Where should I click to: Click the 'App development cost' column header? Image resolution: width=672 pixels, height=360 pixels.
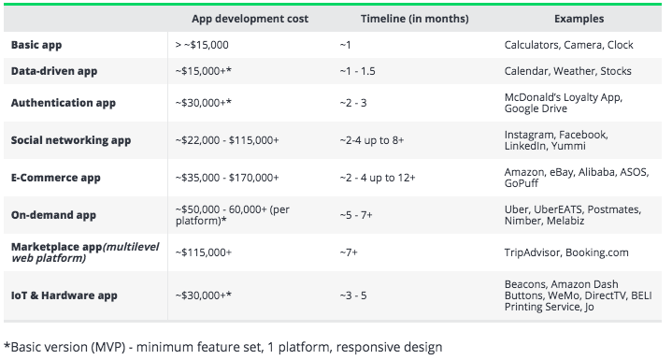coord(250,19)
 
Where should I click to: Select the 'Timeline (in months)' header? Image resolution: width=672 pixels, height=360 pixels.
coord(414,19)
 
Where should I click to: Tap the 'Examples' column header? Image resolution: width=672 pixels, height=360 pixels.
coord(579,19)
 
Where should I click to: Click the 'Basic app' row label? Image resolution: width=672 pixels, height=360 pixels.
coord(36,45)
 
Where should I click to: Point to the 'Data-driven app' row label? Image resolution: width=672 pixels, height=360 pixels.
coord(54,71)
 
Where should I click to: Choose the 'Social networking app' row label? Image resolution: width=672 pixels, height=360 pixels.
coord(71,140)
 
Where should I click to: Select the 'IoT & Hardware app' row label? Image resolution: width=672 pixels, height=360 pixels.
coord(64,295)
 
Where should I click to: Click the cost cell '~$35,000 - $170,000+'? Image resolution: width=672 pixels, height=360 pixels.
coord(227,178)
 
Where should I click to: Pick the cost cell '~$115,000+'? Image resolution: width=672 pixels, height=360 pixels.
coord(203,252)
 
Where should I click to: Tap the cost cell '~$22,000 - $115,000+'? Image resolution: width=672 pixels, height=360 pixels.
coord(227,140)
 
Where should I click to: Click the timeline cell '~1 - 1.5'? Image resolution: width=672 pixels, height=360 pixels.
coord(357,71)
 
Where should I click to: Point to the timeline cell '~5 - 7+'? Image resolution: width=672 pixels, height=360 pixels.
coord(356,215)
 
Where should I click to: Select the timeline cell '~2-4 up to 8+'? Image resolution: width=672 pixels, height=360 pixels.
coord(372,140)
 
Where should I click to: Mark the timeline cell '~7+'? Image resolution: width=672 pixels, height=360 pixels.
coord(349,252)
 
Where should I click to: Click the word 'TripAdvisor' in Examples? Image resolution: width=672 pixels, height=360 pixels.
coord(533,252)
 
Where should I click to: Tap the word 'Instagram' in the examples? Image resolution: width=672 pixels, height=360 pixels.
coord(529,135)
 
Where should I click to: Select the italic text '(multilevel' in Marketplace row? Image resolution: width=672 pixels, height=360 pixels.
coord(131,247)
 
